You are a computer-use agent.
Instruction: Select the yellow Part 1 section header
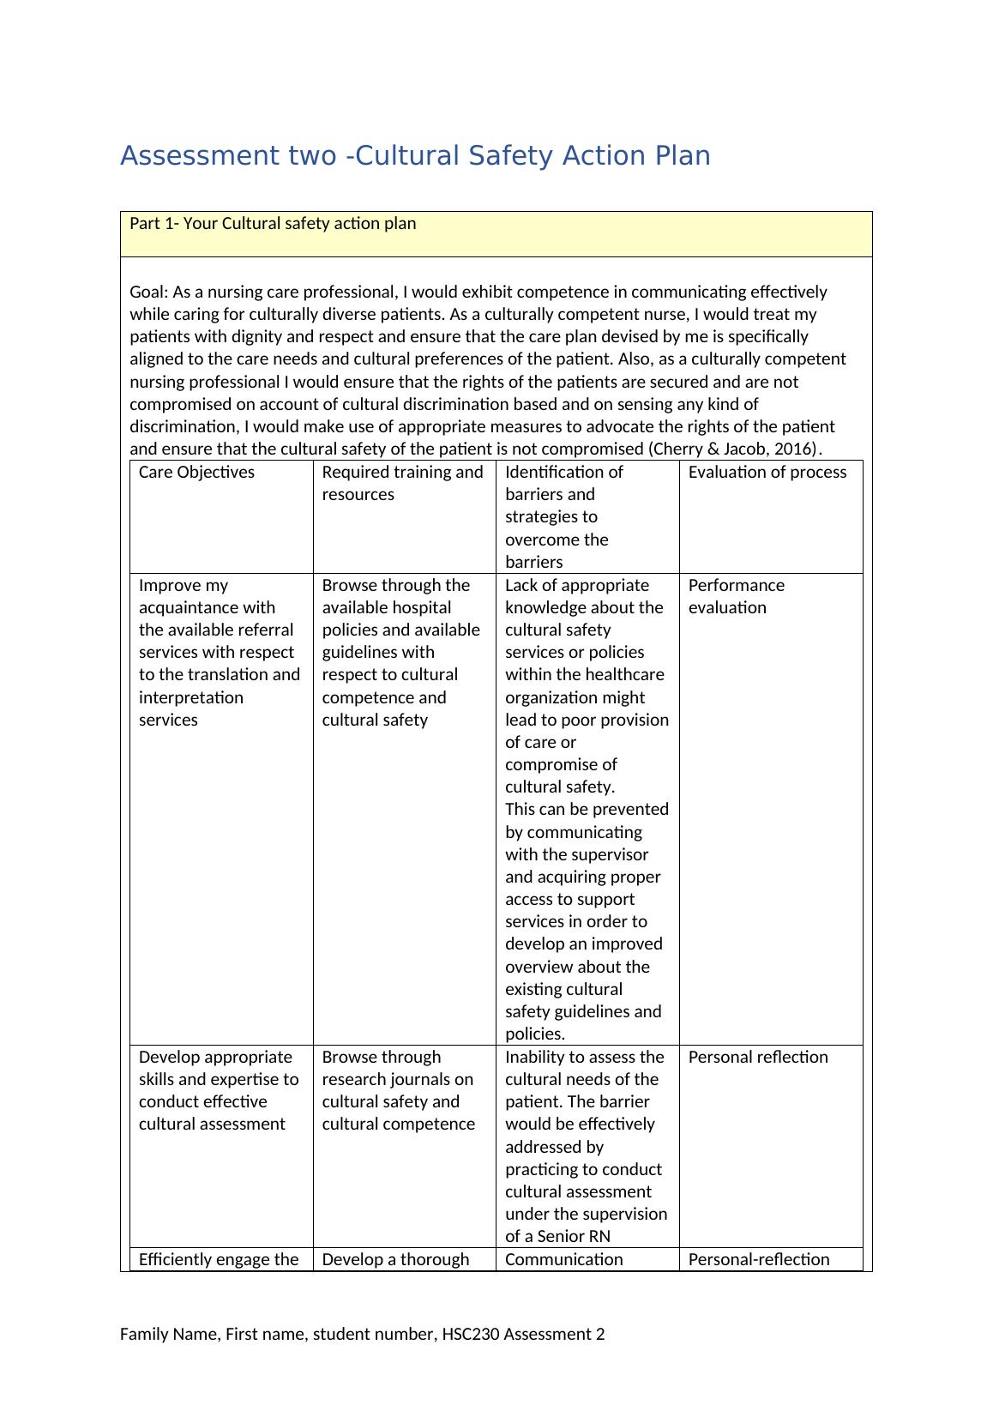coord(496,233)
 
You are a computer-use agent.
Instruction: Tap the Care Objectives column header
coord(196,473)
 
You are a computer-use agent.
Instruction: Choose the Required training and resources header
coord(402,483)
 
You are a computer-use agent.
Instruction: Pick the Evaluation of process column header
coord(767,473)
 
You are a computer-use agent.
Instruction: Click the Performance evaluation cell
coord(736,596)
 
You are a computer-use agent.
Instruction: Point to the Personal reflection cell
coord(757,1057)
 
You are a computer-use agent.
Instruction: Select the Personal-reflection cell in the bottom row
coord(758,1259)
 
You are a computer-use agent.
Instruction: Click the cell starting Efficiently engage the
coord(219,1259)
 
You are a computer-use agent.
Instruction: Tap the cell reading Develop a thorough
coord(395,1259)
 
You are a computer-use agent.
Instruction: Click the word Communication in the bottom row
coord(563,1259)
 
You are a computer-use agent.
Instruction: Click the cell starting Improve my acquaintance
coord(219,652)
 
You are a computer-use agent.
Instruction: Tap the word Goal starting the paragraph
coord(147,292)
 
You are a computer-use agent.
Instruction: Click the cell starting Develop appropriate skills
coord(219,1090)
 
